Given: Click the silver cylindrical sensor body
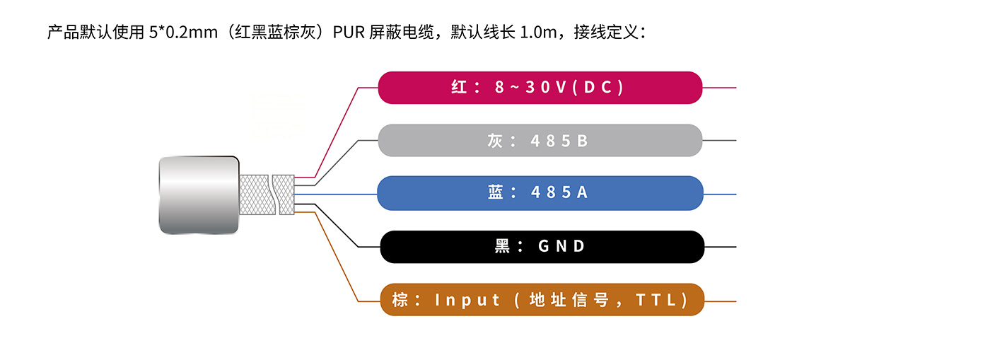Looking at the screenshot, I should pyautogui.click(x=198, y=194).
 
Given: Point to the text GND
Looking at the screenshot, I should pyautogui.click(x=562, y=246).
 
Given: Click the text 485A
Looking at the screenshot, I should pyautogui.click(x=559, y=193).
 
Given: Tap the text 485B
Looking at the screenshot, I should pyautogui.click(x=559, y=141).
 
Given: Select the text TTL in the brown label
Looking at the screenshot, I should pyautogui.click(x=657, y=300).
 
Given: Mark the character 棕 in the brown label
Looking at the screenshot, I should pyautogui.click(x=400, y=300).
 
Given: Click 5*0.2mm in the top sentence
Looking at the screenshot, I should pyautogui.click(x=183, y=33).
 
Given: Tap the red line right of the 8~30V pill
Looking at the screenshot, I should pyautogui.click(x=719, y=88).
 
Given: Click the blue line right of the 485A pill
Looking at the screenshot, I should pyautogui.click(x=720, y=194).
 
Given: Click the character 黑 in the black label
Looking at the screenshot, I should pyautogui.click(x=503, y=246).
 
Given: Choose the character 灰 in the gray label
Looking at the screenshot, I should pyautogui.click(x=495, y=141).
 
